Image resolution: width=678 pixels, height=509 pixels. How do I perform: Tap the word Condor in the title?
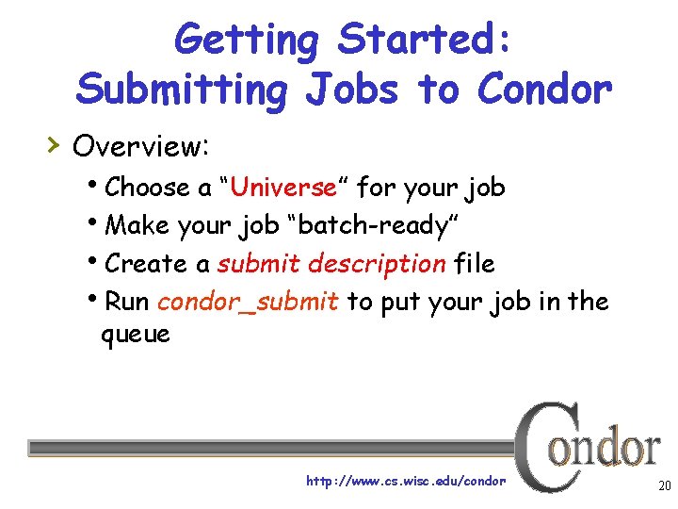(x=545, y=90)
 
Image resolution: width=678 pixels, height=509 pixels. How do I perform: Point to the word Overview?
(x=140, y=146)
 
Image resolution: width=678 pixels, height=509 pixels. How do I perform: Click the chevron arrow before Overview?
(x=55, y=144)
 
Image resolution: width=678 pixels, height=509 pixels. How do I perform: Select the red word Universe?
(x=282, y=188)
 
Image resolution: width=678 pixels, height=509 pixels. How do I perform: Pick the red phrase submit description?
(x=331, y=264)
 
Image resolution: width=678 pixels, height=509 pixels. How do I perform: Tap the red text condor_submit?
(x=248, y=302)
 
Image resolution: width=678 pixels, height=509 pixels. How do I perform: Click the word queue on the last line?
(x=136, y=334)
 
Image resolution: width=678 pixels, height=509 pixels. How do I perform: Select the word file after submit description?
(x=474, y=264)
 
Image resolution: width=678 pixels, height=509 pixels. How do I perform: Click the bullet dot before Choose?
(x=100, y=185)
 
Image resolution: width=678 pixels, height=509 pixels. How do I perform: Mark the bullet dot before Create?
(x=100, y=261)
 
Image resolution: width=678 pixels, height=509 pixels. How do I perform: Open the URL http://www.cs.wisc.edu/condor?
(x=406, y=481)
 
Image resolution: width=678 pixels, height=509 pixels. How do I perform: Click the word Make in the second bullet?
(x=133, y=226)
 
